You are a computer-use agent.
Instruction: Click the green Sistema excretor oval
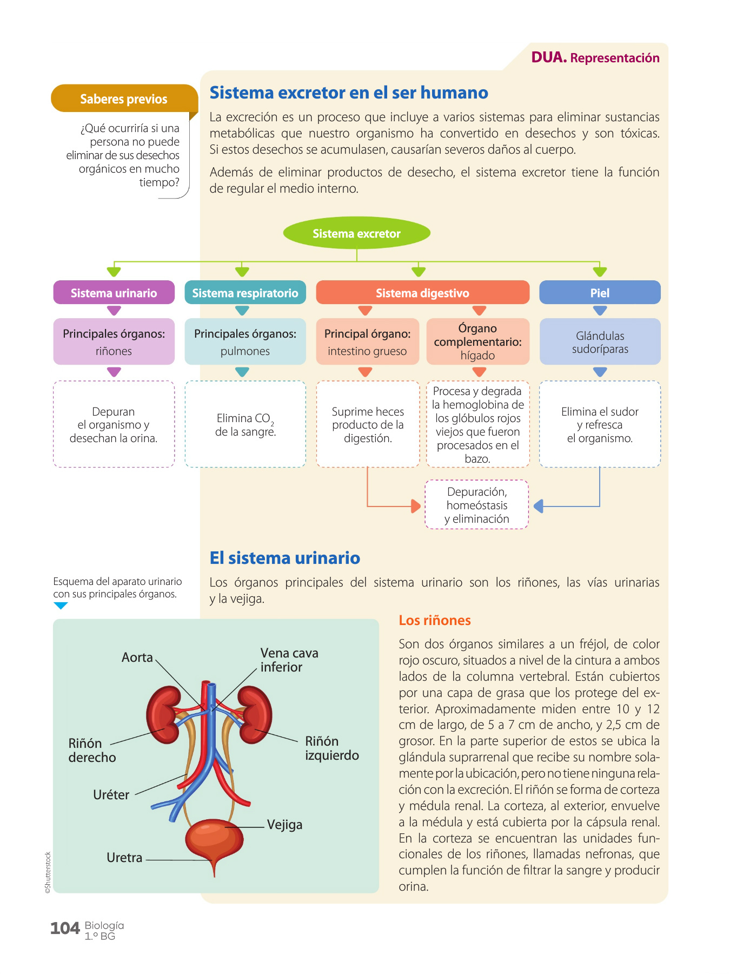click(x=356, y=233)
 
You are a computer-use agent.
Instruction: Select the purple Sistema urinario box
click(x=114, y=293)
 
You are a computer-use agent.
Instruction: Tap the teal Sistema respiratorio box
click(x=245, y=293)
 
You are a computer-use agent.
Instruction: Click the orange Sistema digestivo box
click(x=422, y=293)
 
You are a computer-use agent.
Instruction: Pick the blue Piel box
click(x=600, y=293)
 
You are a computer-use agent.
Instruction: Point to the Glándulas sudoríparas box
click(x=600, y=341)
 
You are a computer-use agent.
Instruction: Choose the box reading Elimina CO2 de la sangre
click(x=245, y=424)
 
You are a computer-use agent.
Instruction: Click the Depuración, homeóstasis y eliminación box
click(x=476, y=504)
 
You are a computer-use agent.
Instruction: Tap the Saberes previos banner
click(x=124, y=98)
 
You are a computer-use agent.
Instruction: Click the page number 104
click(x=65, y=929)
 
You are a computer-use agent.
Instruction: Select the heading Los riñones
click(x=435, y=620)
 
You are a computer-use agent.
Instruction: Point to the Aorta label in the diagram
click(x=137, y=657)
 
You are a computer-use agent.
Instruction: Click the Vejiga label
click(x=284, y=825)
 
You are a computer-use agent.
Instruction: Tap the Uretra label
click(x=124, y=858)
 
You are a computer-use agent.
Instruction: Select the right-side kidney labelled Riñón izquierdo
click(x=255, y=714)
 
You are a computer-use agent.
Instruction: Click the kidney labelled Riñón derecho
click(x=163, y=714)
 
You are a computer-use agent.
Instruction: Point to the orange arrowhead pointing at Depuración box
click(x=416, y=506)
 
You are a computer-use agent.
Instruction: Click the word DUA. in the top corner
click(x=549, y=57)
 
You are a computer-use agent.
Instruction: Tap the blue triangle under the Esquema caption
click(x=61, y=606)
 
